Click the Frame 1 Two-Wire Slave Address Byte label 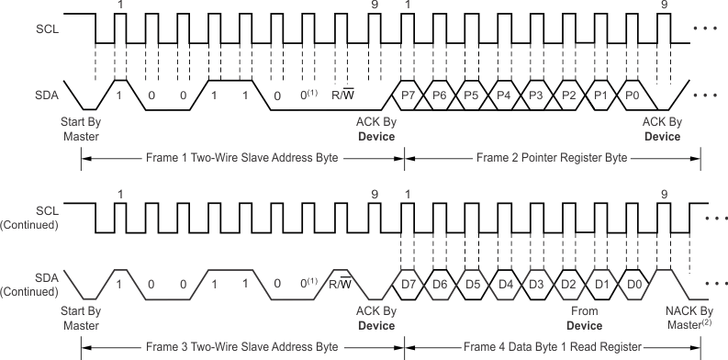(242, 158)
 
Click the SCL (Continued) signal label (32, 217)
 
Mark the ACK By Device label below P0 (661, 129)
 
